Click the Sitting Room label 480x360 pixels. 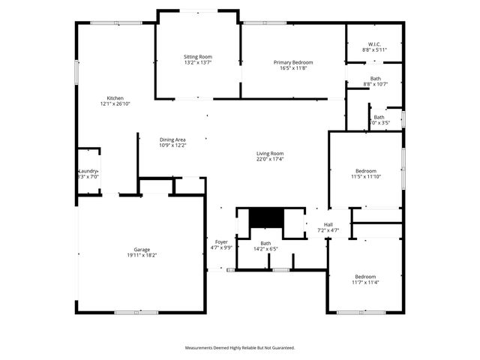coord(199,57)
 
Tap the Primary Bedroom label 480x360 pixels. coord(293,62)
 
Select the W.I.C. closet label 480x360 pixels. coord(375,43)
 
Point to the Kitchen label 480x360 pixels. coord(115,98)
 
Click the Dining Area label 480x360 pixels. coord(172,139)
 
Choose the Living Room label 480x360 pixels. coord(270,153)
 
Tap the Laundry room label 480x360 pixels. coord(88,171)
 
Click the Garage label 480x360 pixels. coord(141,249)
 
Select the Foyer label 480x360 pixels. coord(221,241)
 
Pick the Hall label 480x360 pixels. coord(328,224)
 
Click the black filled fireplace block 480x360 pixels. coord(264,217)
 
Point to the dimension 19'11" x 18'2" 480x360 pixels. coord(141,255)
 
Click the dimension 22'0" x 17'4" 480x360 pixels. coord(270,159)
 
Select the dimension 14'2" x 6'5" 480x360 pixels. coord(265,249)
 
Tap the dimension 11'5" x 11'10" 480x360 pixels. coord(366,177)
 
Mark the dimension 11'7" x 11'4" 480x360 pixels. coord(366,283)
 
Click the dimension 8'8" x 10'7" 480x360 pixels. coord(375,84)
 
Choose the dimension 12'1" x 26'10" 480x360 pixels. coord(115,104)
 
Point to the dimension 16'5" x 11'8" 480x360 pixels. coord(293,68)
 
